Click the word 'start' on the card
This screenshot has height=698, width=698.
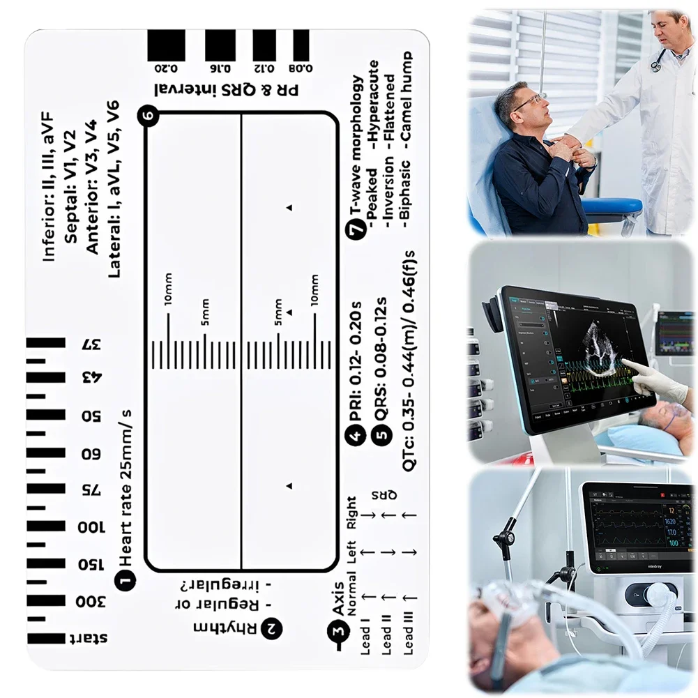tap(91, 638)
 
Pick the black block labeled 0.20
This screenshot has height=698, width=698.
tap(166, 46)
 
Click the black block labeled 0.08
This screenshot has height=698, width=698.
tap(301, 46)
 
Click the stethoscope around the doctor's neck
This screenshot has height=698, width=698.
tap(657, 59)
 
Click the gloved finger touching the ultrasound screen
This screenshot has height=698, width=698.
tap(628, 365)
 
